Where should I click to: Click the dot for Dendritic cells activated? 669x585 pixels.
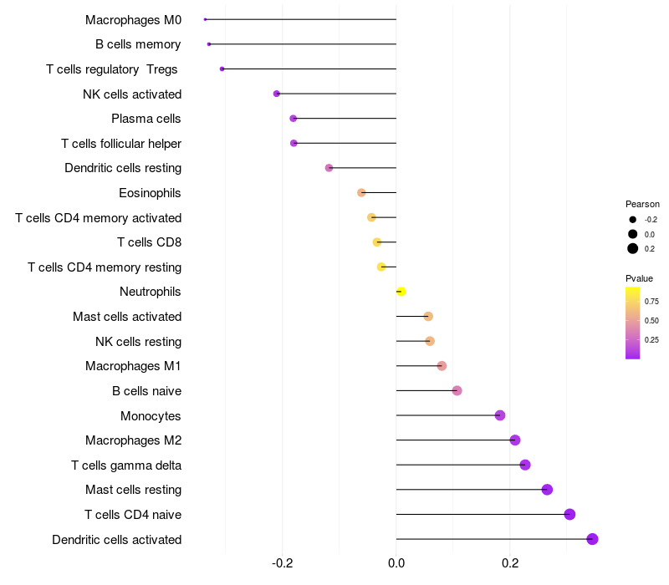click(x=592, y=539)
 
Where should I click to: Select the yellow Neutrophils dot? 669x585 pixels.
click(x=401, y=292)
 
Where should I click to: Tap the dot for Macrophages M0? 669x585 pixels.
click(x=205, y=19)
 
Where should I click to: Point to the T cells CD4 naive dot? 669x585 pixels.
click(x=569, y=514)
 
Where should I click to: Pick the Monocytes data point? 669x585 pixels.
click(x=500, y=415)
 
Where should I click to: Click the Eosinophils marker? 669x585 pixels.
click(x=361, y=193)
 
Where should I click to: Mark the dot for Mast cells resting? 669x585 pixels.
click(x=547, y=490)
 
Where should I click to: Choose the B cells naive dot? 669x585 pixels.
click(x=457, y=390)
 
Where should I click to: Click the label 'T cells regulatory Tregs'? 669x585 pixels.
click(x=112, y=69)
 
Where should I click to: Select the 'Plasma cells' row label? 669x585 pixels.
click(x=146, y=119)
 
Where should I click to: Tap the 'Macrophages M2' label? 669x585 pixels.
click(x=133, y=440)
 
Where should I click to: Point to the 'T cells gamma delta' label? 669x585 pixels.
click(x=126, y=465)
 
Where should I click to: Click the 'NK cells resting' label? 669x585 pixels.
click(x=138, y=341)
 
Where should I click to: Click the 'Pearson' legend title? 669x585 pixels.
click(x=642, y=204)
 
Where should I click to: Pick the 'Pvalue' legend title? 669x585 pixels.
click(x=639, y=278)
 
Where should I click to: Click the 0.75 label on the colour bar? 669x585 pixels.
click(x=651, y=301)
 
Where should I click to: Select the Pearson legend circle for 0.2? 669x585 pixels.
click(x=633, y=248)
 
